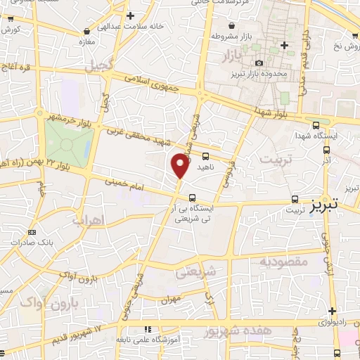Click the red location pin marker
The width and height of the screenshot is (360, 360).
[180, 166]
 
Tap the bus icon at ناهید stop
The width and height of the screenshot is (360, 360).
[205, 156]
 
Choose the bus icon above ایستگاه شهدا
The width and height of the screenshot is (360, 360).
[316, 122]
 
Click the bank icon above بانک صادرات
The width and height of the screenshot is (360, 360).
[31, 232]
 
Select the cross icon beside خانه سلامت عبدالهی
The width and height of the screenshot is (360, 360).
[130, 15]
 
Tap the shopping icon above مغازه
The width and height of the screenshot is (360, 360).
[86, 32]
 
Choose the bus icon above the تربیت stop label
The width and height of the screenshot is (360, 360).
[295, 199]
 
